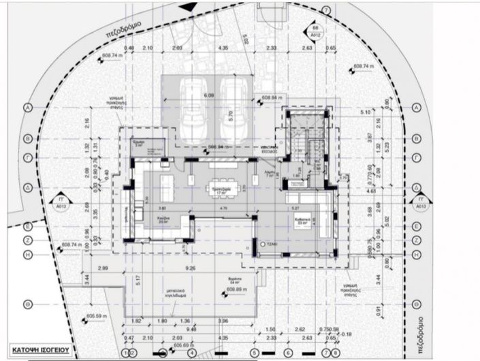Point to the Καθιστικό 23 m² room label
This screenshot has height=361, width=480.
[x=302, y=221]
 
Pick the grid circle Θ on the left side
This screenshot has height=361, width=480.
[x=28, y=304]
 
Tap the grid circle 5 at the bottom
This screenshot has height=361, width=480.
[x=255, y=353]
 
